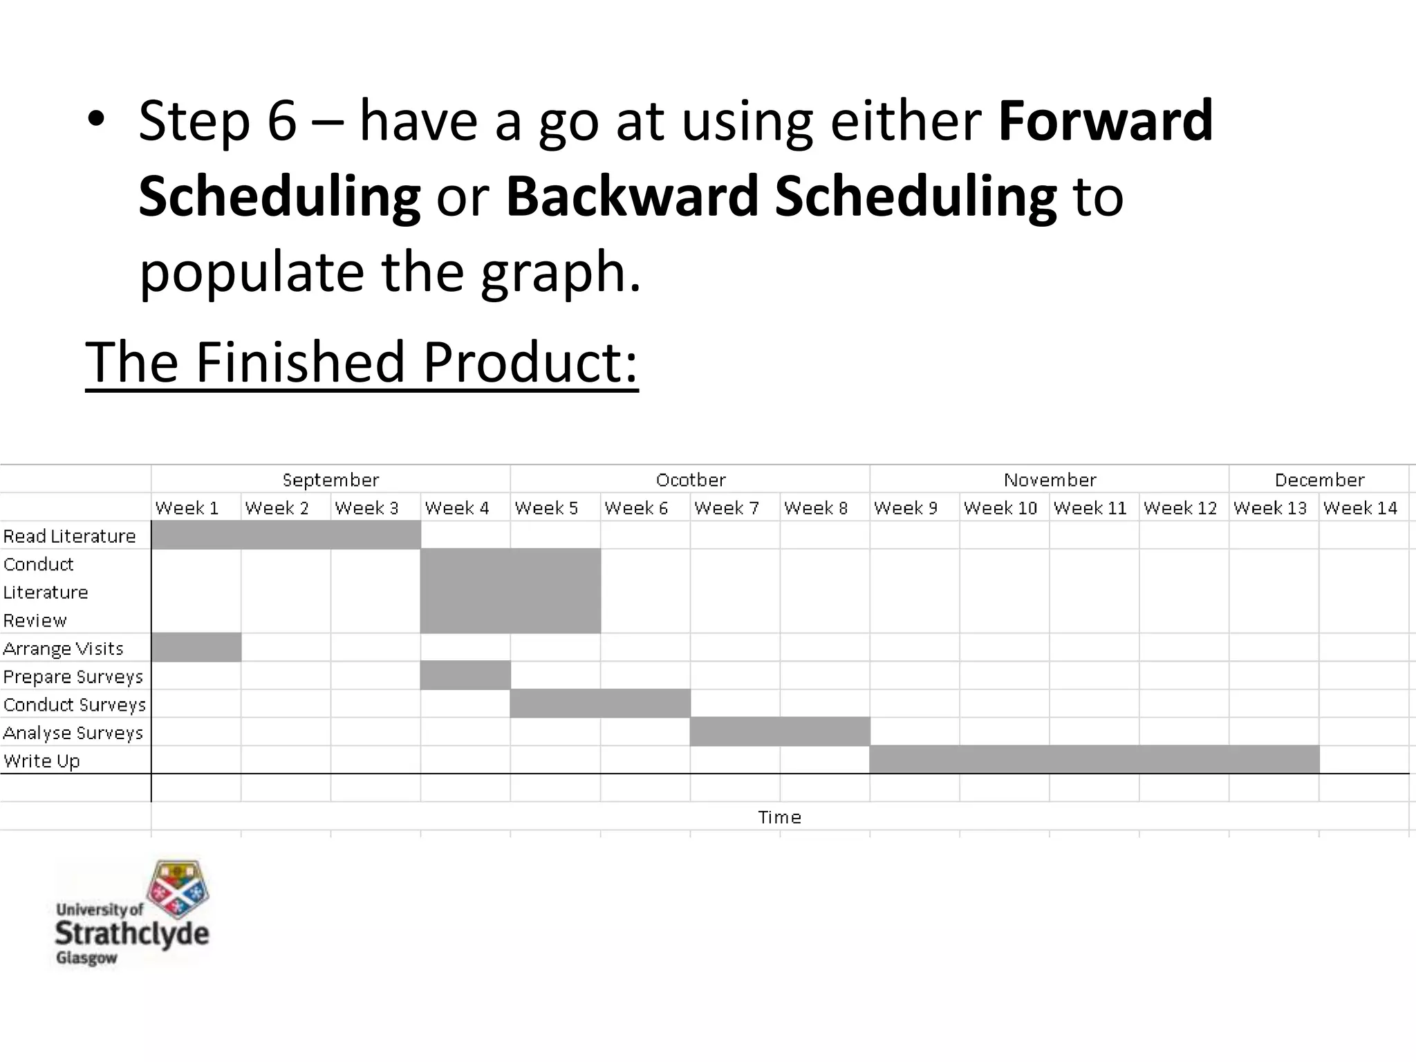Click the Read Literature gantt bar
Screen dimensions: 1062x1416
(x=286, y=535)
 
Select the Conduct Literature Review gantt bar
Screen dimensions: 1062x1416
(x=510, y=591)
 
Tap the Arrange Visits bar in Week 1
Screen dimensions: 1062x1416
(x=196, y=648)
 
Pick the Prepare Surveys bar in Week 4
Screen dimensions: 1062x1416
(x=465, y=676)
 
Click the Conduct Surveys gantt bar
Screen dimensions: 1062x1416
(x=600, y=704)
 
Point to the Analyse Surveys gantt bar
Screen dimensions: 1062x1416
(x=780, y=732)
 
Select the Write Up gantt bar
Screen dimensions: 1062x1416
(x=1094, y=760)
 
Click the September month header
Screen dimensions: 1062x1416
(x=330, y=480)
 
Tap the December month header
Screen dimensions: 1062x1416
(x=1319, y=480)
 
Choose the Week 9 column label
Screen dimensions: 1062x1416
(x=906, y=508)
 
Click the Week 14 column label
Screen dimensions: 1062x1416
(x=1360, y=508)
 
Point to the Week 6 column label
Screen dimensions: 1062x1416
(x=636, y=508)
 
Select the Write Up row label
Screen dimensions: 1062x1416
(x=41, y=761)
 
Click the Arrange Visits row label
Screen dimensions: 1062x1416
(x=63, y=649)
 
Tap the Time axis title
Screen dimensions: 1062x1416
(x=779, y=817)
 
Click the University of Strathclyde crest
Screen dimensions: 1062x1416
(x=178, y=888)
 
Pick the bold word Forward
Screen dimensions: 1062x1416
(x=1106, y=120)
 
